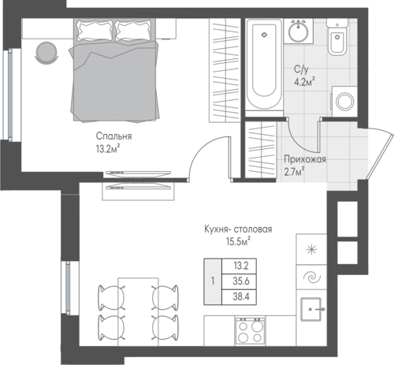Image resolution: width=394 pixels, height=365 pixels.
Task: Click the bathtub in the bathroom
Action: coord(264,64)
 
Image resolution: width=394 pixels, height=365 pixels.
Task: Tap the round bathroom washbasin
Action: coord(299,32)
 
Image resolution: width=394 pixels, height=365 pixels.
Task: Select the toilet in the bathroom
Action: coord(338,37)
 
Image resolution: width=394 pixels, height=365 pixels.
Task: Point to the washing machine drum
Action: coord(345,101)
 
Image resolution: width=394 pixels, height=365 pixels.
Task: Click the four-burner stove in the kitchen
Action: coord(250,331)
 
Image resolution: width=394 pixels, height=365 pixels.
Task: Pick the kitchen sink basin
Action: coord(311,309)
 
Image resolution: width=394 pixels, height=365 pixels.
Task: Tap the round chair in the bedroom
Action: coord(46,53)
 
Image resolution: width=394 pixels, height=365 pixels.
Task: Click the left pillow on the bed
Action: coord(95,31)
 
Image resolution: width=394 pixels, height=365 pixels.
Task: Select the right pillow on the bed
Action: coord(133,31)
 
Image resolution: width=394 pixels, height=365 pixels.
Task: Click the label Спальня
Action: coord(113,136)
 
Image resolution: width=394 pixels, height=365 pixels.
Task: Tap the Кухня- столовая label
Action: coord(238,229)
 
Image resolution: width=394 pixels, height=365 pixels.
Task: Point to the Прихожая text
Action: coord(305,159)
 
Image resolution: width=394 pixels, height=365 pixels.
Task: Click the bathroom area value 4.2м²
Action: coord(304,82)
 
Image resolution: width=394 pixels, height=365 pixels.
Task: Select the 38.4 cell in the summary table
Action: coord(240,297)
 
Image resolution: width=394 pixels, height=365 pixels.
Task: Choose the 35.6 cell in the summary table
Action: coord(240,281)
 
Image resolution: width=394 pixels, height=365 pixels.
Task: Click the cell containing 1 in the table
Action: coord(213,281)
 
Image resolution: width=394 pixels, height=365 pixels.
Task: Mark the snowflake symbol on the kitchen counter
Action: coord(312,249)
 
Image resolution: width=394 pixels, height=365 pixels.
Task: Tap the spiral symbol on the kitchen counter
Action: coord(312,277)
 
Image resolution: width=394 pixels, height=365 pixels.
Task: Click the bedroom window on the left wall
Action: coord(10,95)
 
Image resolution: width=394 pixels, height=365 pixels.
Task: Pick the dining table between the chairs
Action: coord(138,312)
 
